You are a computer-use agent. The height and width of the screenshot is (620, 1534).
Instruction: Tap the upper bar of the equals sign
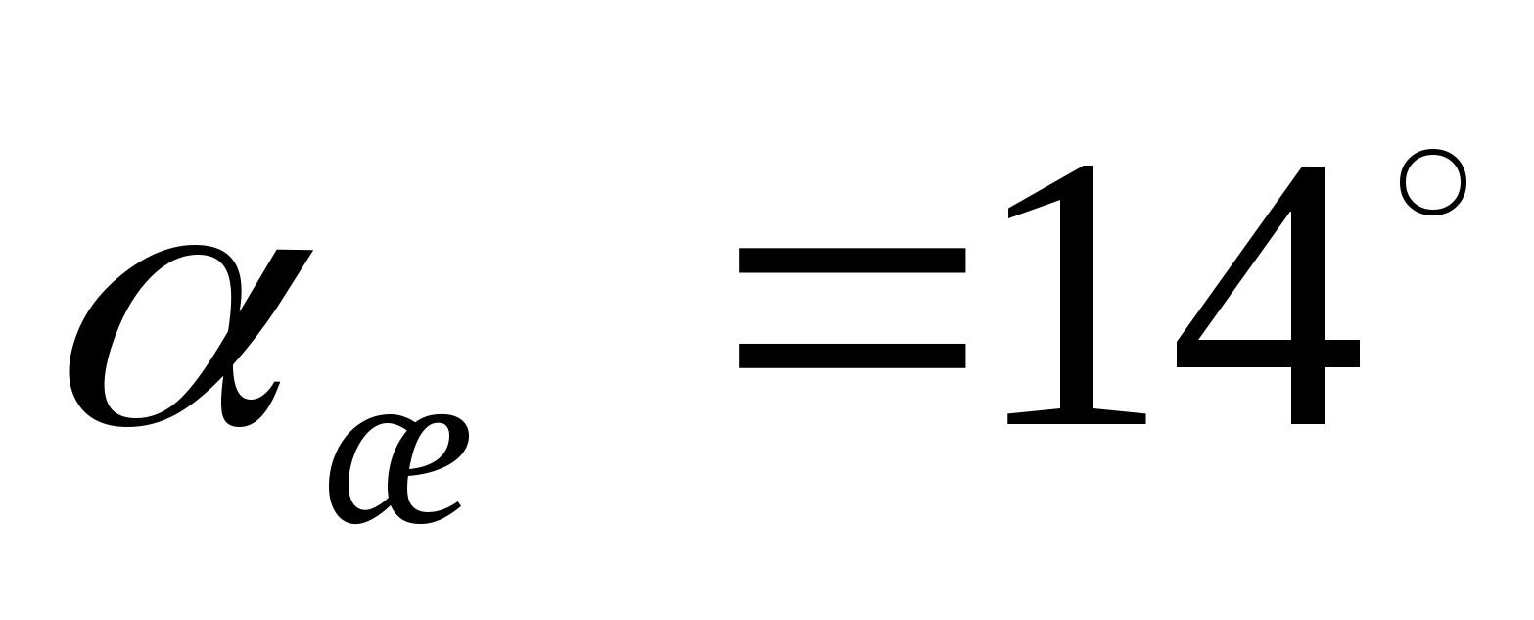[x=852, y=260]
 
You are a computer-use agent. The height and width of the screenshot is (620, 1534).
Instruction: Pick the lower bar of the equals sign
[x=852, y=354]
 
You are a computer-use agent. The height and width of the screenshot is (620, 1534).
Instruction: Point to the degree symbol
[x=1432, y=182]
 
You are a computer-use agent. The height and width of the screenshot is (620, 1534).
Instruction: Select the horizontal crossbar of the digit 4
[x=1268, y=354]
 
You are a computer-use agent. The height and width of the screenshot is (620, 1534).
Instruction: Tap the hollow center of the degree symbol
[x=1432, y=182]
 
